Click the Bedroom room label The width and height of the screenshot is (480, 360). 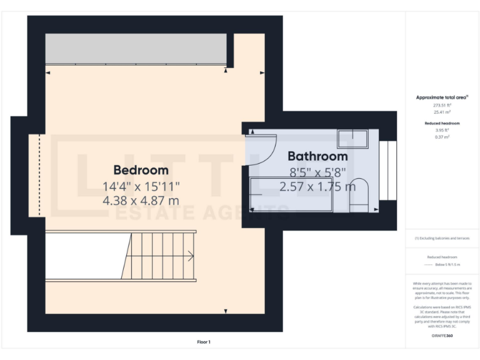click(141, 170)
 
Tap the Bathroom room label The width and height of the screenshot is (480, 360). click(317, 156)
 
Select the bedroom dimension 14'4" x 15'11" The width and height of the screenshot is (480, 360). click(141, 186)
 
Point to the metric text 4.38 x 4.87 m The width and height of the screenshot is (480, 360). click(141, 201)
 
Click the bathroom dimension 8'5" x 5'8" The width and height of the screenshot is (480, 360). click(317, 171)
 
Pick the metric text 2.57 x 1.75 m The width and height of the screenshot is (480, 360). click(317, 186)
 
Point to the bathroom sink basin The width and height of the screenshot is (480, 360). click(353, 138)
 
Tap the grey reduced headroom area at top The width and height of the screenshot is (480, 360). click(135, 49)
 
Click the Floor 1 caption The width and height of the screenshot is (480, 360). click(204, 342)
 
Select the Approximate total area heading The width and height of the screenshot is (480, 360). click(442, 97)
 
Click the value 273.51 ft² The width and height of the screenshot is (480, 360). click(442, 106)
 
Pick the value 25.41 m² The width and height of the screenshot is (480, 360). click(442, 112)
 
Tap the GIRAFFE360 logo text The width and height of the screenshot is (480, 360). click(442, 336)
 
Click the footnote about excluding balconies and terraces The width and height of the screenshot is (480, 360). click(442, 238)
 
